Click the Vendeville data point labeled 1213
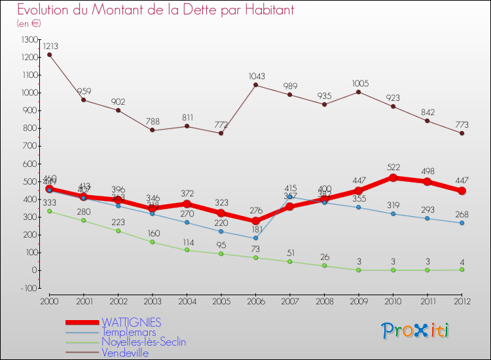pyautogui.click(x=49, y=54)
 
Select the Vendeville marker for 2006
pyautogui.click(x=255, y=85)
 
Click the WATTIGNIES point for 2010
pyautogui.click(x=393, y=177)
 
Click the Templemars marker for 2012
pyautogui.click(x=462, y=223)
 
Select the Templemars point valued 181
pyautogui.click(x=255, y=238)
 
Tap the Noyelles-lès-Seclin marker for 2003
pyautogui.click(x=152, y=242)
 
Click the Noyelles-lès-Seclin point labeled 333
pyautogui.click(x=49, y=211)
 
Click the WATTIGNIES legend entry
pyautogui.click(x=131, y=323)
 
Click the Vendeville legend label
pyautogui.click(x=125, y=353)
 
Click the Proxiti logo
pyautogui.click(x=416, y=331)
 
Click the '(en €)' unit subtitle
pyautogui.click(x=29, y=24)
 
